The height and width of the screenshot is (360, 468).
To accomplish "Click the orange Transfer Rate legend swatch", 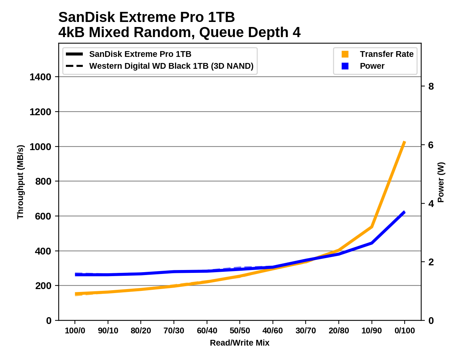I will (345, 54).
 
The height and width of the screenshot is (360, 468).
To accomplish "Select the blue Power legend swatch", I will (345, 66).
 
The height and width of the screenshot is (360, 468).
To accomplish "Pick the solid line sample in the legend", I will (75, 54).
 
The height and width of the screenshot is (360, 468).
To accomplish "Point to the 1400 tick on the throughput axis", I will (40, 77).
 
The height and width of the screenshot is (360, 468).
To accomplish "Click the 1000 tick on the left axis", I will (40, 147).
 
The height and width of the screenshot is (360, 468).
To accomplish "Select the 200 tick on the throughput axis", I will (43, 286).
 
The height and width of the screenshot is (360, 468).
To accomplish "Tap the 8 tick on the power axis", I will (431, 86).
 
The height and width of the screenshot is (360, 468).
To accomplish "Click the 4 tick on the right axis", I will (431, 204).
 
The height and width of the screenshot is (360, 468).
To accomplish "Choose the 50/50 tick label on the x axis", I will (240, 331).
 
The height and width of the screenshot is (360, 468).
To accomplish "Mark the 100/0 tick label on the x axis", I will (75, 331).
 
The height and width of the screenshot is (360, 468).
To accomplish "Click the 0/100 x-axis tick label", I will (405, 331).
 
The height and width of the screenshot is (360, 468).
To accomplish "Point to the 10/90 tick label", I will (372, 331).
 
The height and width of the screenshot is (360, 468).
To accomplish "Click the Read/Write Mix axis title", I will (240, 343).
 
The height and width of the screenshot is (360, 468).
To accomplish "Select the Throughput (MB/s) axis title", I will (20, 182).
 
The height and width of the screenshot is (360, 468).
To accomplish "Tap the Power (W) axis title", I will (441, 182).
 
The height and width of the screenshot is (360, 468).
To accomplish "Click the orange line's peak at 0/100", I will (405, 142).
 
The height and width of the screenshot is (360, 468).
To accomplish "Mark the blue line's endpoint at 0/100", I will (405, 212).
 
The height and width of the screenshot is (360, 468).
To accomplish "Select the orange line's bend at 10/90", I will (372, 227).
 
